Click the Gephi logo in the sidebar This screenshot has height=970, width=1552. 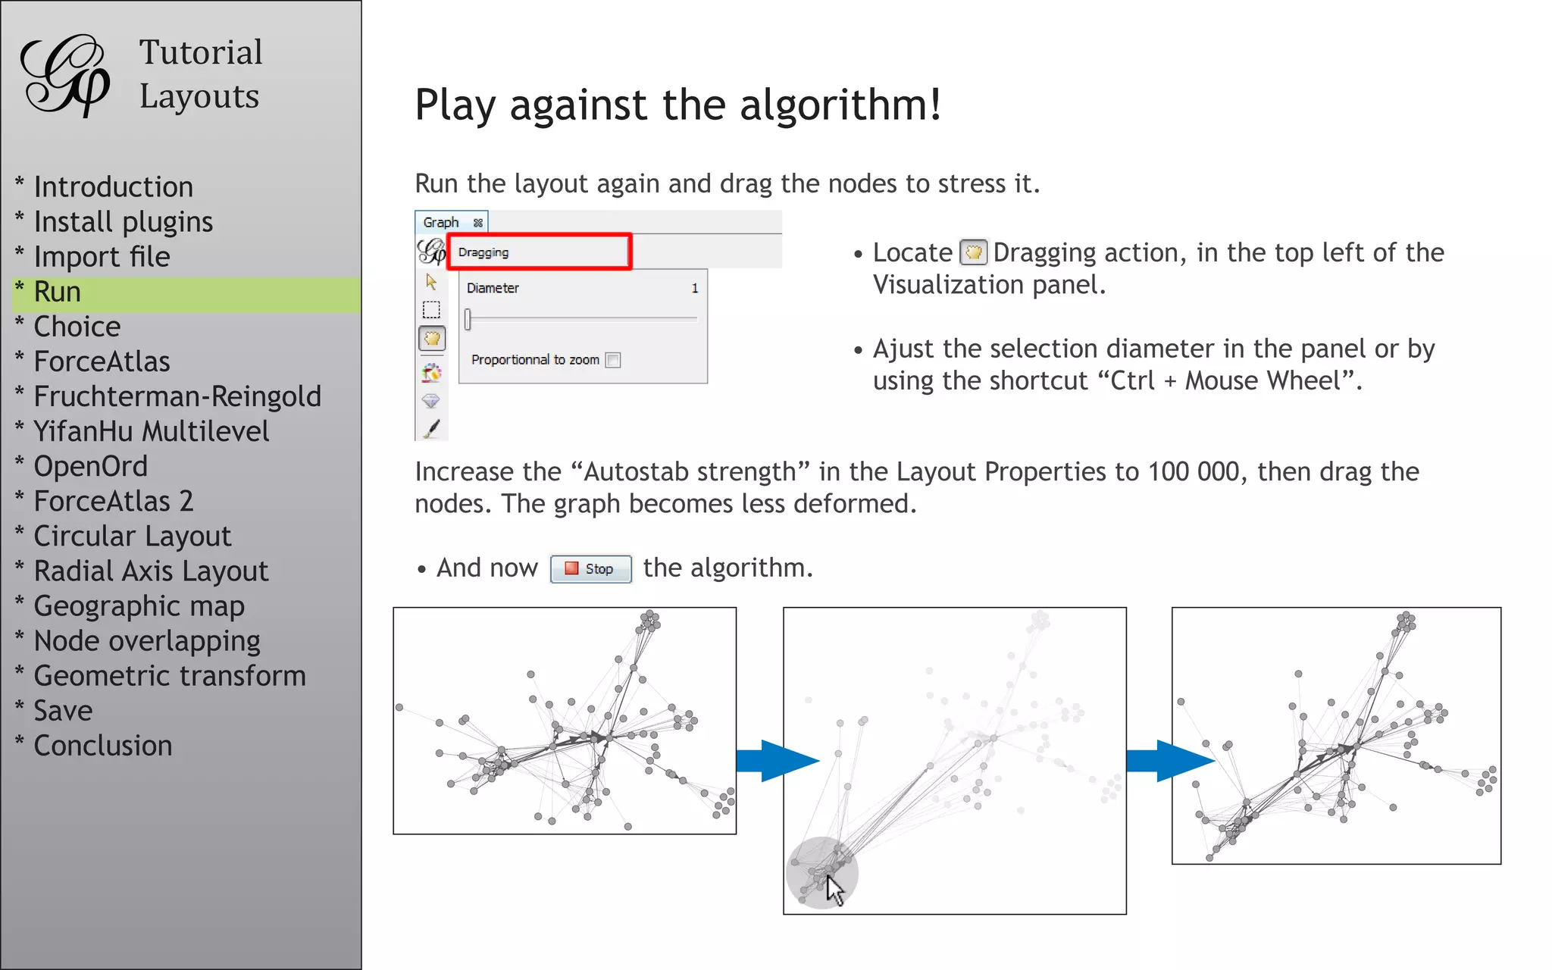65,76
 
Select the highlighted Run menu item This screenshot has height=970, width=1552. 58,293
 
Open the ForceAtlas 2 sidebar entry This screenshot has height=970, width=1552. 114,502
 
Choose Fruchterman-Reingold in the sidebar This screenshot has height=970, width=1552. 177,397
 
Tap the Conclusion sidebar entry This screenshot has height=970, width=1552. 103,746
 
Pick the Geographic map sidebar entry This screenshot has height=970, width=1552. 139,606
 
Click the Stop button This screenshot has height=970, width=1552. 591,569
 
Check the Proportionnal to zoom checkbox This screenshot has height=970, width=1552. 614,361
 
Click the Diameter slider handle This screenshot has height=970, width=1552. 468,320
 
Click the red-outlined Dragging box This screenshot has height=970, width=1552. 539,252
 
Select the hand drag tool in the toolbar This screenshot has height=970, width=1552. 432,339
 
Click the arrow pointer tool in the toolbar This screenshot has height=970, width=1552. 431,283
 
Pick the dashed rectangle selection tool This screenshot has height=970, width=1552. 431,310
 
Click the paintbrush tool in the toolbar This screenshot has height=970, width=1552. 432,430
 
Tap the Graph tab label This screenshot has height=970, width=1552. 441,223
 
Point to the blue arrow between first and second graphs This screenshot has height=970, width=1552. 778,761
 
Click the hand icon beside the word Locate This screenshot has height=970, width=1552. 973,252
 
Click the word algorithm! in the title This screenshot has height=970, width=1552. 840,105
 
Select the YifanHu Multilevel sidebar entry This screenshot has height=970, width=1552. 152,432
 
